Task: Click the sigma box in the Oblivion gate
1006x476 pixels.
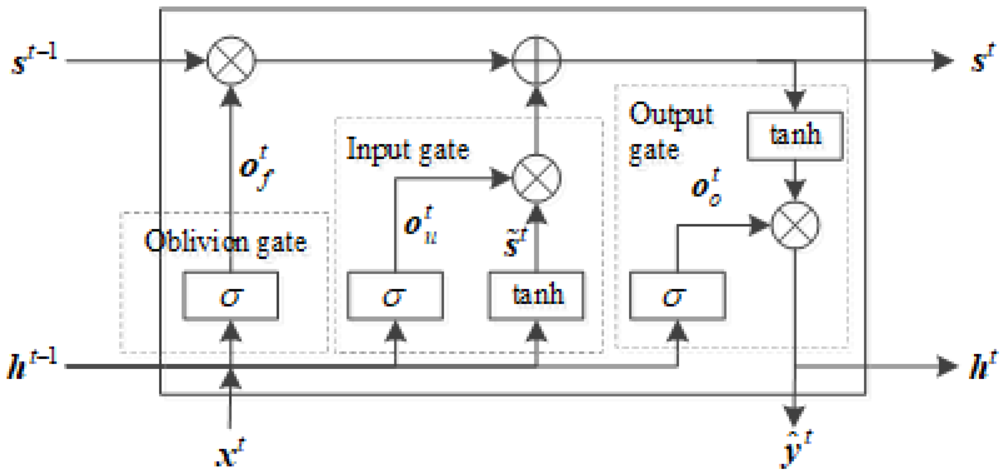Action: [230, 296]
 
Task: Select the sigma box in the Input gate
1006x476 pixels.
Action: [395, 296]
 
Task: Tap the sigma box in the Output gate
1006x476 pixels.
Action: [677, 296]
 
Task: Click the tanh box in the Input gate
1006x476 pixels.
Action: [536, 295]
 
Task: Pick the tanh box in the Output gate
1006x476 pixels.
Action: [795, 135]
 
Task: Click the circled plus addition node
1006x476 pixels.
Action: [537, 60]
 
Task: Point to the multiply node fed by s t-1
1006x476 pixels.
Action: [231, 60]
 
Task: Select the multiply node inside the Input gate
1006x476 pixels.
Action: [537, 178]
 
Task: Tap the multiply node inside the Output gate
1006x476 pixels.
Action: [795, 225]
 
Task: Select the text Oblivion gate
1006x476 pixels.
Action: [225, 242]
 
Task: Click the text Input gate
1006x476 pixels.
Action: [407, 150]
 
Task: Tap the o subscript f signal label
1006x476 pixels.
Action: [256, 167]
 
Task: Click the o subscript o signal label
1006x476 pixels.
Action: [706, 187]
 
